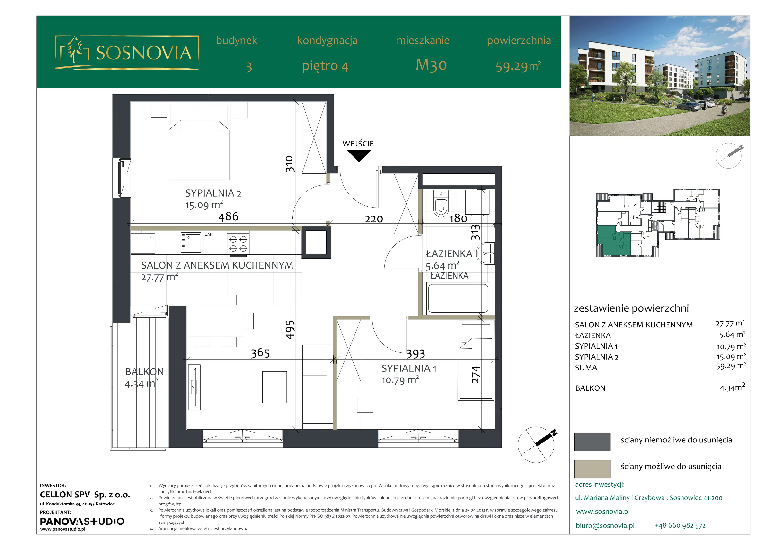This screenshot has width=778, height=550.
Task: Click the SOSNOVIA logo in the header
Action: click(127, 53)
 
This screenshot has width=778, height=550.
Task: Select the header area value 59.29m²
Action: click(518, 66)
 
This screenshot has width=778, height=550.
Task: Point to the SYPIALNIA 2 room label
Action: click(213, 193)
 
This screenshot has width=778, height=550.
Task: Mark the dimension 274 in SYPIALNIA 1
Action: click(476, 374)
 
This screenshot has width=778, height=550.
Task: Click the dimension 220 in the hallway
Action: click(374, 219)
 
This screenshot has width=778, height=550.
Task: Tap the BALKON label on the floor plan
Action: click(144, 372)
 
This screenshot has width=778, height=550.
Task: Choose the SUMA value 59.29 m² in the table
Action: click(731, 366)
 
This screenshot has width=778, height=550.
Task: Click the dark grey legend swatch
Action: click(592, 442)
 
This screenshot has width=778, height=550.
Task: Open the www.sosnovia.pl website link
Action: click(603, 511)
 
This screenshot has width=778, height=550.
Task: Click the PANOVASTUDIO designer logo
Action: click(82, 521)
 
